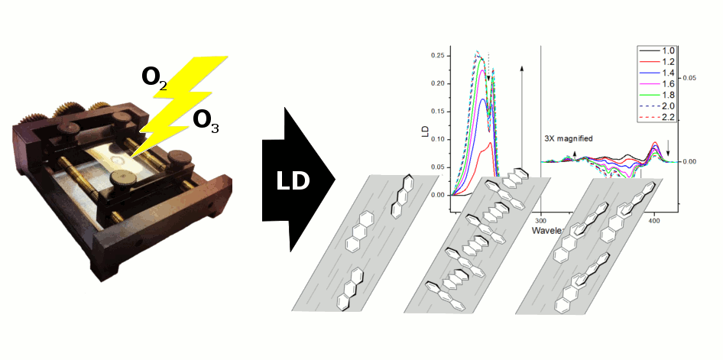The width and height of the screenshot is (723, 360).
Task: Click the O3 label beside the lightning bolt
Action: pyautogui.click(x=206, y=121)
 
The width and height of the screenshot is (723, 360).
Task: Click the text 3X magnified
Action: pyautogui.click(x=569, y=138)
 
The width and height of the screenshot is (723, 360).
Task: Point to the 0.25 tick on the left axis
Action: pyautogui.click(x=437, y=56)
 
